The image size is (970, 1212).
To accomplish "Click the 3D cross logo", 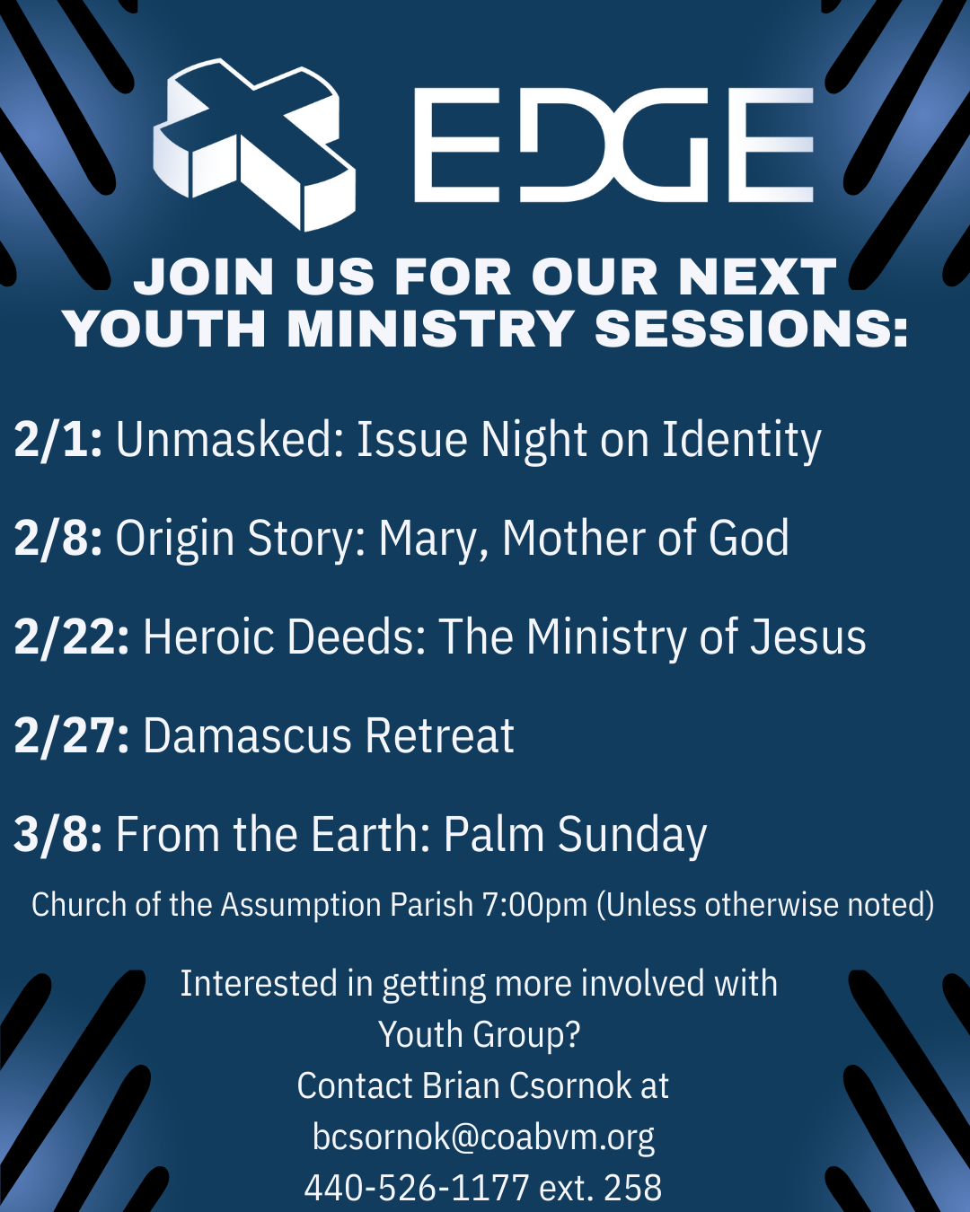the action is (253, 145).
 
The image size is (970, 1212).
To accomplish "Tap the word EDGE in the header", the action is (613, 145).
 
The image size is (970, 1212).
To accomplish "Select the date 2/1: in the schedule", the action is (58, 439).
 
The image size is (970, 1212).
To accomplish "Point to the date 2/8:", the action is (58, 539).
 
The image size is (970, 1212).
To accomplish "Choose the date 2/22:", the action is (72, 637).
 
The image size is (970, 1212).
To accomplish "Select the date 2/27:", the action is (72, 735).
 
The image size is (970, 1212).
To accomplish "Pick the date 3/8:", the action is (58, 834).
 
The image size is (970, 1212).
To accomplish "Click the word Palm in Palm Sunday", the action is (494, 834).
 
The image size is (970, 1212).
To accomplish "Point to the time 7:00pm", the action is (535, 905).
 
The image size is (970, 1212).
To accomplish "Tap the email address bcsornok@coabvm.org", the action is (483, 1137).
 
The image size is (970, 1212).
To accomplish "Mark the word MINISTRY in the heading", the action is (430, 329).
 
